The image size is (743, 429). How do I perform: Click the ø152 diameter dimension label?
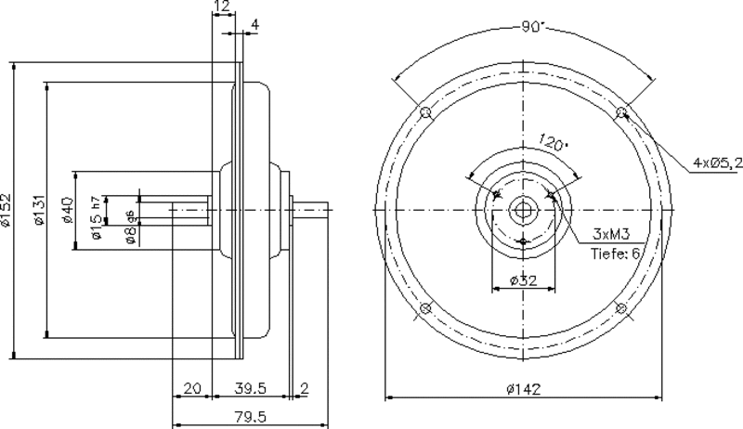point(6,209)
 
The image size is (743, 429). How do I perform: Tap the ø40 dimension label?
point(67,210)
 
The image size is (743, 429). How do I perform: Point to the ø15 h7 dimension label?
point(97,217)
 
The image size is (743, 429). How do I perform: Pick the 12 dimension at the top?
point(222,6)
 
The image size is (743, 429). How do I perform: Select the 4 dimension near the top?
point(254,25)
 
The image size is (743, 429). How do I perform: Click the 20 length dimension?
point(192,388)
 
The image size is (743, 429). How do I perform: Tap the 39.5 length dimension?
point(251,388)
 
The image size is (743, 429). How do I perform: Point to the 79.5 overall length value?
point(251,417)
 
